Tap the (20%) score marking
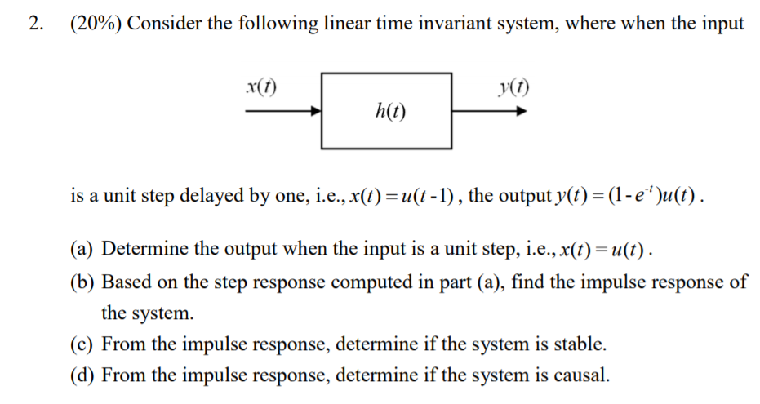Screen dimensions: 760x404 (96, 23)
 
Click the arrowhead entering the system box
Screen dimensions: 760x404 (317, 113)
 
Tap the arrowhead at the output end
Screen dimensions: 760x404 (519, 113)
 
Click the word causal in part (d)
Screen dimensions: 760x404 (581, 375)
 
